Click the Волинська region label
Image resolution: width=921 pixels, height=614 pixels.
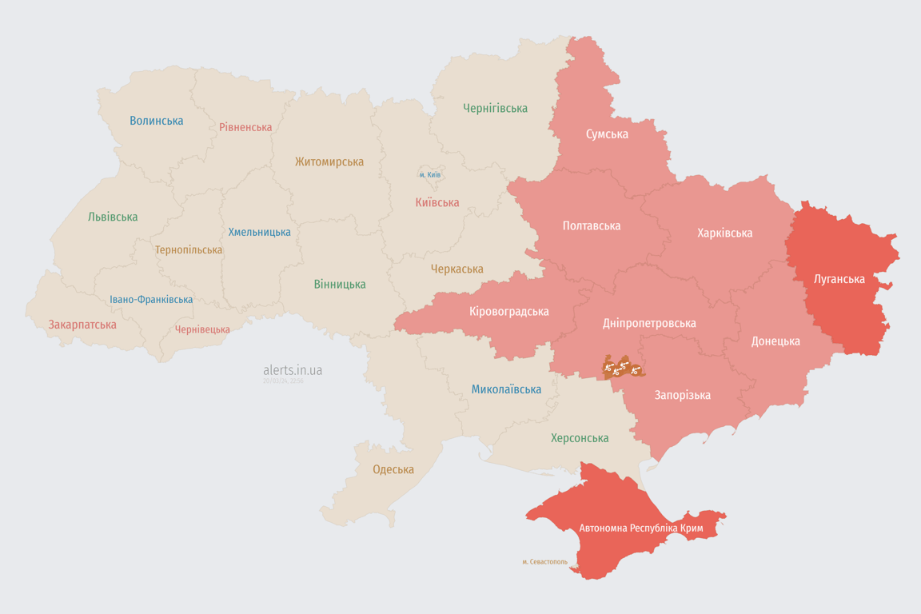(157, 121)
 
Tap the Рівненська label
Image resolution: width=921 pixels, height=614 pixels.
(245, 127)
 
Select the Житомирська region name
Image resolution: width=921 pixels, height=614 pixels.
(329, 161)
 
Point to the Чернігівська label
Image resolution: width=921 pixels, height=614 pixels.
(495, 108)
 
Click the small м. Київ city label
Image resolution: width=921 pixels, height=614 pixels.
(429, 174)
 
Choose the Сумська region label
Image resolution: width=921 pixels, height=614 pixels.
(607, 134)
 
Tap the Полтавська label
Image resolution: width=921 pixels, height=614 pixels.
(592, 225)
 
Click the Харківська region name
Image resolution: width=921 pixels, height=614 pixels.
(724, 233)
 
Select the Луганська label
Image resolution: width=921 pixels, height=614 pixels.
(839, 279)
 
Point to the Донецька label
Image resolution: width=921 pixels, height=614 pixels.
(775, 341)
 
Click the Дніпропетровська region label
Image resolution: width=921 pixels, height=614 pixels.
(648, 323)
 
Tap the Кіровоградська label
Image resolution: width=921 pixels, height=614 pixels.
(509, 311)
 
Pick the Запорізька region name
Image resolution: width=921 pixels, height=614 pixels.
(682, 395)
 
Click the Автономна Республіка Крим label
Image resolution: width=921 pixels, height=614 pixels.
(640, 528)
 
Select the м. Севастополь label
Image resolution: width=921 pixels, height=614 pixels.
(544, 561)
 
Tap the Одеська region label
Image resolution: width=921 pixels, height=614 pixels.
(393, 469)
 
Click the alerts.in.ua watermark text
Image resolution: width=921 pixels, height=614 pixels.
(293, 370)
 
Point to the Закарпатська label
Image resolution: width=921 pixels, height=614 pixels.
(82, 325)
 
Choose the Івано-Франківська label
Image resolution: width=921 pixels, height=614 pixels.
(151, 300)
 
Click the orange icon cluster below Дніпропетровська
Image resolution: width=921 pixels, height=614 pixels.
(623, 368)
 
